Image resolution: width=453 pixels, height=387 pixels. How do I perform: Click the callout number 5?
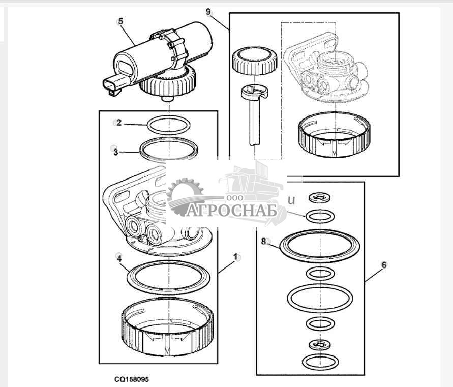(x=120, y=21)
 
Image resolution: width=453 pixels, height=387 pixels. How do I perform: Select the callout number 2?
(x=118, y=123)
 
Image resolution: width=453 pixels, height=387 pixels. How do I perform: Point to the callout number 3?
(x=116, y=152)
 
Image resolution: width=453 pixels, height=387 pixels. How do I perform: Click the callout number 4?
(x=118, y=258)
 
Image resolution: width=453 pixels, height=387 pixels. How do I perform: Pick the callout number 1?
(x=236, y=257)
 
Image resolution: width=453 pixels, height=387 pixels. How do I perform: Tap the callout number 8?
(x=264, y=241)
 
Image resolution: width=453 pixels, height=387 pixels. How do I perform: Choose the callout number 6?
(x=384, y=265)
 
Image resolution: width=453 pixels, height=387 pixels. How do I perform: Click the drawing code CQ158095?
(x=132, y=379)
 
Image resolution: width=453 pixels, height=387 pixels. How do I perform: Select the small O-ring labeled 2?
(x=168, y=124)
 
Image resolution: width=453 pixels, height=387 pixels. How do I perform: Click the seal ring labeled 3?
(x=169, y=148)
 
